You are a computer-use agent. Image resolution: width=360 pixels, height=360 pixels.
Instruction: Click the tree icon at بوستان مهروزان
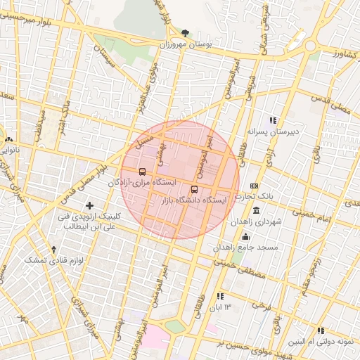click(185, 32)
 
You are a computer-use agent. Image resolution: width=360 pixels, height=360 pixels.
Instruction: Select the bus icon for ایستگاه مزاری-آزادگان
click(143, 172)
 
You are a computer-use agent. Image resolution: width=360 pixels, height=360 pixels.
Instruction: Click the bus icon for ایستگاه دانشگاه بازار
click(195, 188)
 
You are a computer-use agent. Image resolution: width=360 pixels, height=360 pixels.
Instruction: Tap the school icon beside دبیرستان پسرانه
click(273, 120)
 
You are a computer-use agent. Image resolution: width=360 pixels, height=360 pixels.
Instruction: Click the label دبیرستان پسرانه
click(273, 131)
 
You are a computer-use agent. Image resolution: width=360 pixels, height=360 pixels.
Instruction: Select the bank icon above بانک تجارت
click(254, 185)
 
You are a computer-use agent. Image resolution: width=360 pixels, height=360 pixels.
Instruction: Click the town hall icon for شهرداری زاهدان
click(255, 211)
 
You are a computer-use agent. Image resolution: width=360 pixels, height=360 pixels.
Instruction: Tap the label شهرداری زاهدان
click(259, 221)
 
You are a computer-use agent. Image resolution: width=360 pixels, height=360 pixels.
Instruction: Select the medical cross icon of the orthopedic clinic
click(89, 205)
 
